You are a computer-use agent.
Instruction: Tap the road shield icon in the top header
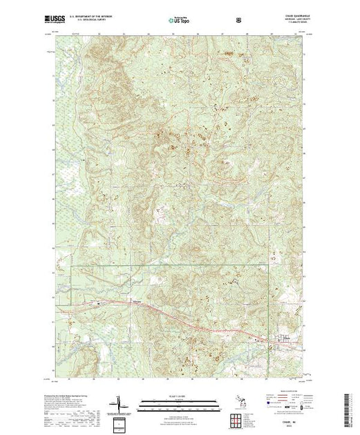tap(239, 21)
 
